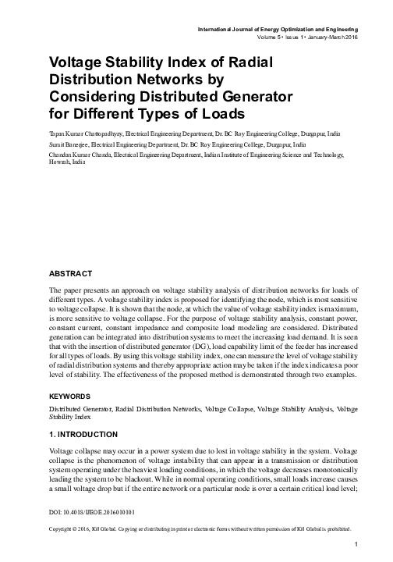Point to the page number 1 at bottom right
pos(355,544)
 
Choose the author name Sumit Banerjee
pos(69,144)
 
